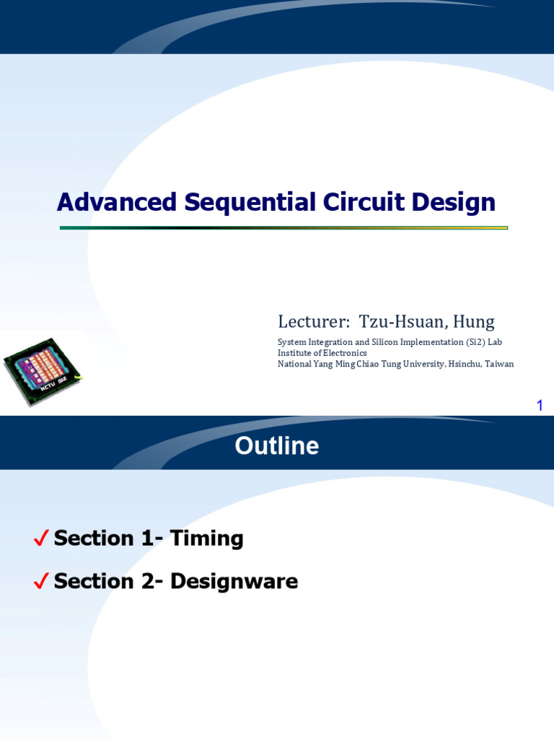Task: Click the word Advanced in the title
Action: tap(117, 203)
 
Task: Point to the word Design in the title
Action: tap(454, 203)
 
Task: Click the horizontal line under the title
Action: tap(283, 227)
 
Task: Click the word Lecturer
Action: tap(309, 322)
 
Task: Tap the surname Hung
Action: tap(475, 322)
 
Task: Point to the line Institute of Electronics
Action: tap(322, 353)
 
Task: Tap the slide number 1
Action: tap(539, 406)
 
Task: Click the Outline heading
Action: tap(277, 446)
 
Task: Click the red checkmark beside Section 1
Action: tap(41, 538)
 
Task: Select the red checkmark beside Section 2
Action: tap(41, 581)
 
